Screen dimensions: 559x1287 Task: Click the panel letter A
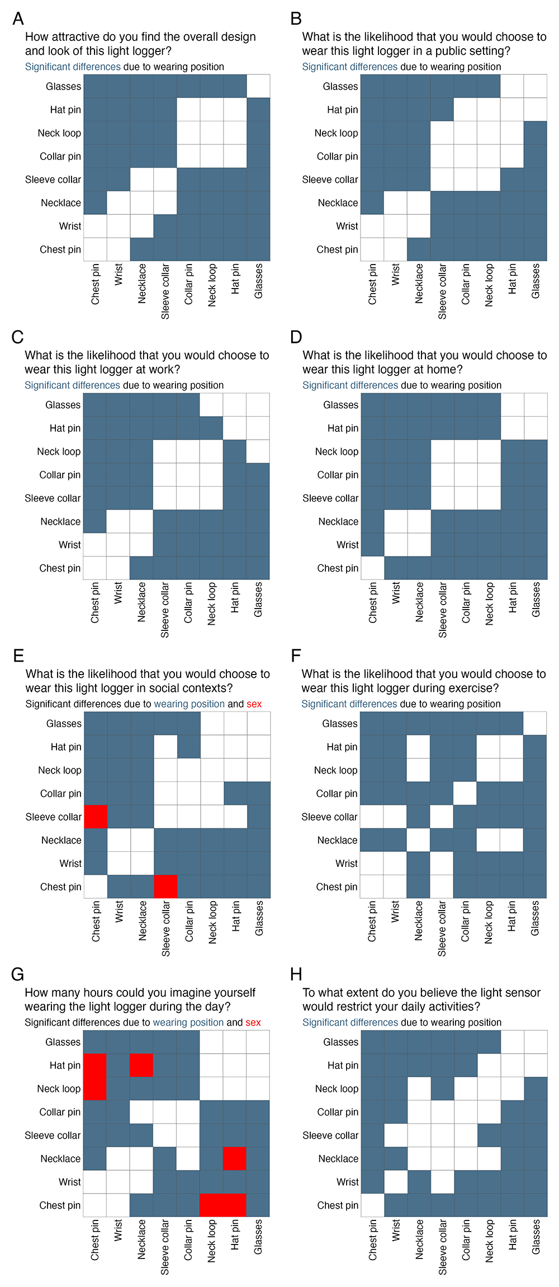coord(18,18)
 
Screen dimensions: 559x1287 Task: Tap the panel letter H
coord(296,974)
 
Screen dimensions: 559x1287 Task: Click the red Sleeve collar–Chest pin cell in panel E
coord(96,817)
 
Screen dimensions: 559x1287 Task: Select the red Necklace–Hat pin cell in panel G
coord(235,1158)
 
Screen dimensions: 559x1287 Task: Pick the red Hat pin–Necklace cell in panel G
coord(141,1065)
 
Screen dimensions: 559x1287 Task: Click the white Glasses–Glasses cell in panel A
coord(258,86)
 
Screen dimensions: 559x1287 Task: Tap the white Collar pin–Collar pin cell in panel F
coord(465,793)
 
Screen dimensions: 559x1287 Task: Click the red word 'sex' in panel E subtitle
coord(254,704)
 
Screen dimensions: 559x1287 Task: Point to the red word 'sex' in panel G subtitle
coord(253,1022)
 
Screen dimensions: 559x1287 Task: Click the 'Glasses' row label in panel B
coord(340,86)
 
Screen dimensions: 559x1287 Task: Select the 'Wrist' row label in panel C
coord(70,545)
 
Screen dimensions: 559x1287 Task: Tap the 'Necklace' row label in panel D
coord(338,521)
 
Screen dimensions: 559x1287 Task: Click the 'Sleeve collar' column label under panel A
coord(165,291)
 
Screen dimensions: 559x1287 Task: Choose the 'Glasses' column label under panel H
coord(536,1237)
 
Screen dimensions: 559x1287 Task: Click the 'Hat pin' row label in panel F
coord(342,747)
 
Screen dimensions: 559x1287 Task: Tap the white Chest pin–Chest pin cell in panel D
coord(373,568)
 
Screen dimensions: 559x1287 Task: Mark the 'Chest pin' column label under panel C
coord(95,602)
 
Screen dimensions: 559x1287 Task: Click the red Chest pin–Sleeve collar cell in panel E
coord(165,887)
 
